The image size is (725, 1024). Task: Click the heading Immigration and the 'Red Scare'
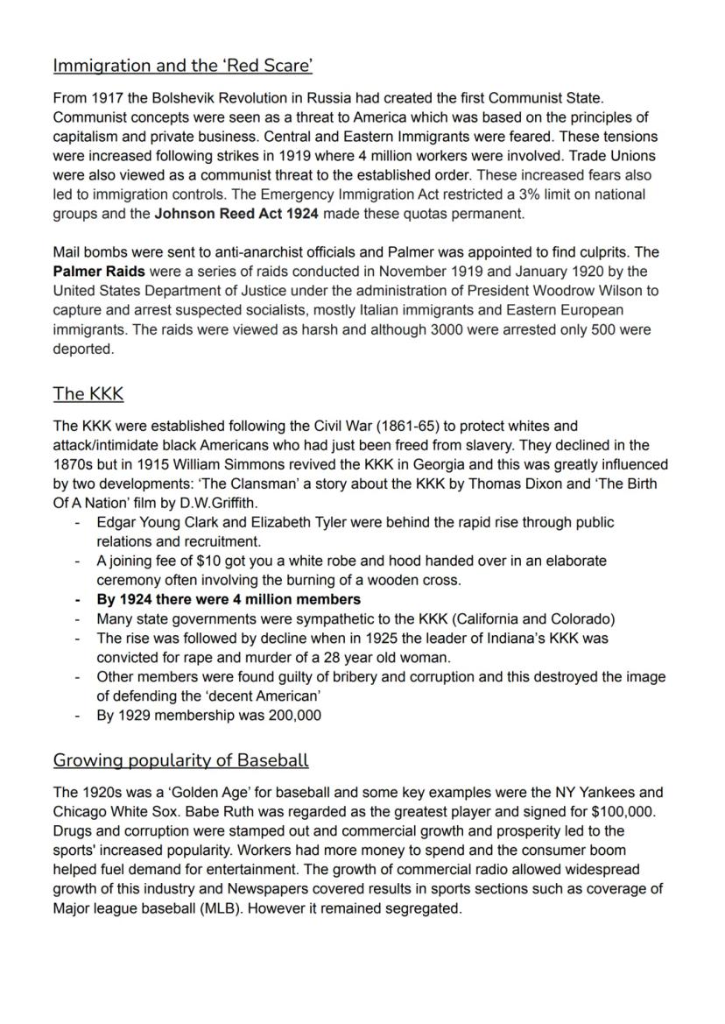pyautogui.click(x=183, y=66)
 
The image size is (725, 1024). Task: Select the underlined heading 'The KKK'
pyautogui.click(x=88, y=394)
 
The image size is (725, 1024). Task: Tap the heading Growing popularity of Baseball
pyautogui.click(x=180, y=759)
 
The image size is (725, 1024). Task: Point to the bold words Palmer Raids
pyautogui.click(x=99, y=272)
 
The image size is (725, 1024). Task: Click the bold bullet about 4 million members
pyautogui.click(x=229, y=599)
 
